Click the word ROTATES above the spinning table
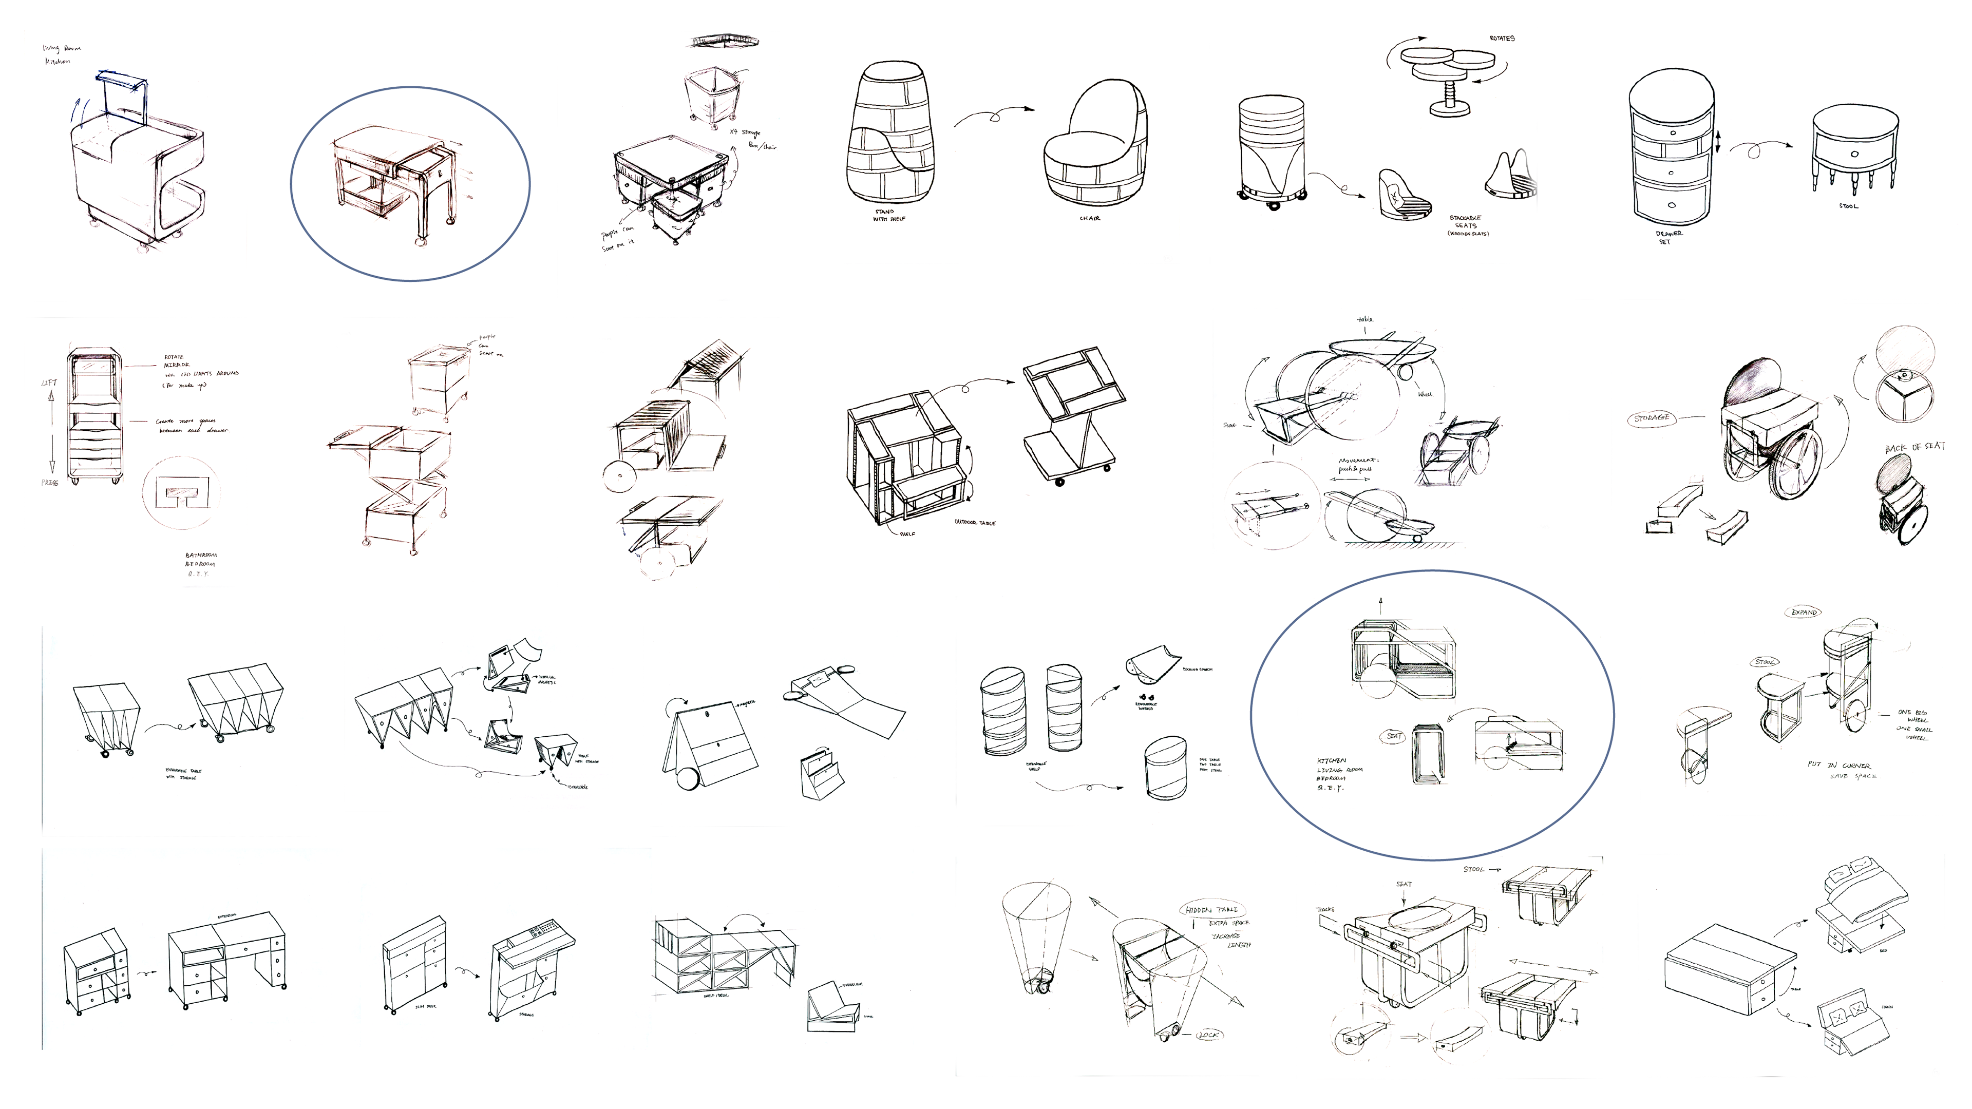(x=1501, y=39)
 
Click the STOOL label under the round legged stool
(x=1847, y=206)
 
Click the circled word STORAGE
(x=1651, y=418)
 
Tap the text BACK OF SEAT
(x=1914, y=448)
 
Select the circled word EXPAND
(x=1805, y=613)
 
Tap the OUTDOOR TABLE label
(x=975, y=523)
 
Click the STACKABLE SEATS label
(x=1467, y=225)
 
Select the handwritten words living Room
(x=61, y=48)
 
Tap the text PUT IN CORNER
(x=1839, y=766)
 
